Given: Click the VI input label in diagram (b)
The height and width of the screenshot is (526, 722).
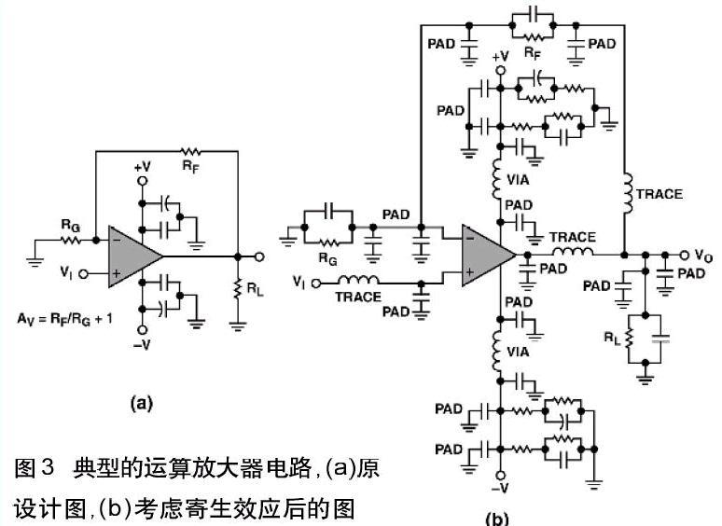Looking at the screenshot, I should coord(299,281).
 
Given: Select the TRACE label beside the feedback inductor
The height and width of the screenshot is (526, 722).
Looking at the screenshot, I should coord(660,195).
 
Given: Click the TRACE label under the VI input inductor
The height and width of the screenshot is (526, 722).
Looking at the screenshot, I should coord(359,298).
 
